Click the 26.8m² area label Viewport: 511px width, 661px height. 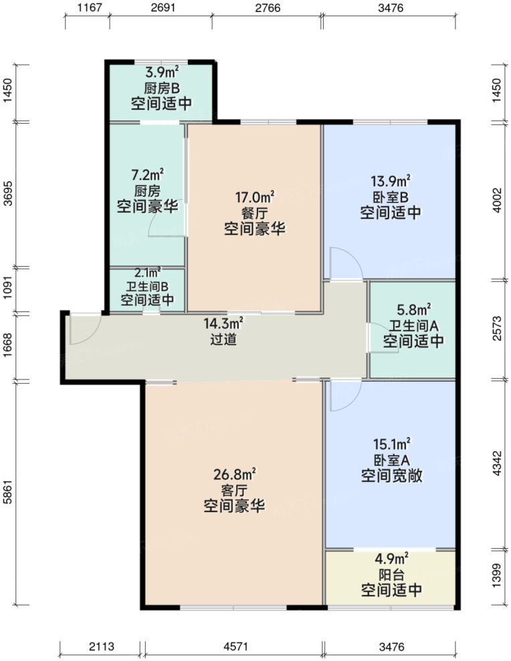tap(233, 475)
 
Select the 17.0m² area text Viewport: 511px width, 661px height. tap(254, 197)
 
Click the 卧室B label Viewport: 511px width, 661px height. tap(391, 197)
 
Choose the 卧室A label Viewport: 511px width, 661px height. tap(391, 460)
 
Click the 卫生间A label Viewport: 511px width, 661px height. tap(413, 325)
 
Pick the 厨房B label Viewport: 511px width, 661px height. tap(161, 88)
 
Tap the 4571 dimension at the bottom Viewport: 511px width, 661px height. tap(233, 646)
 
